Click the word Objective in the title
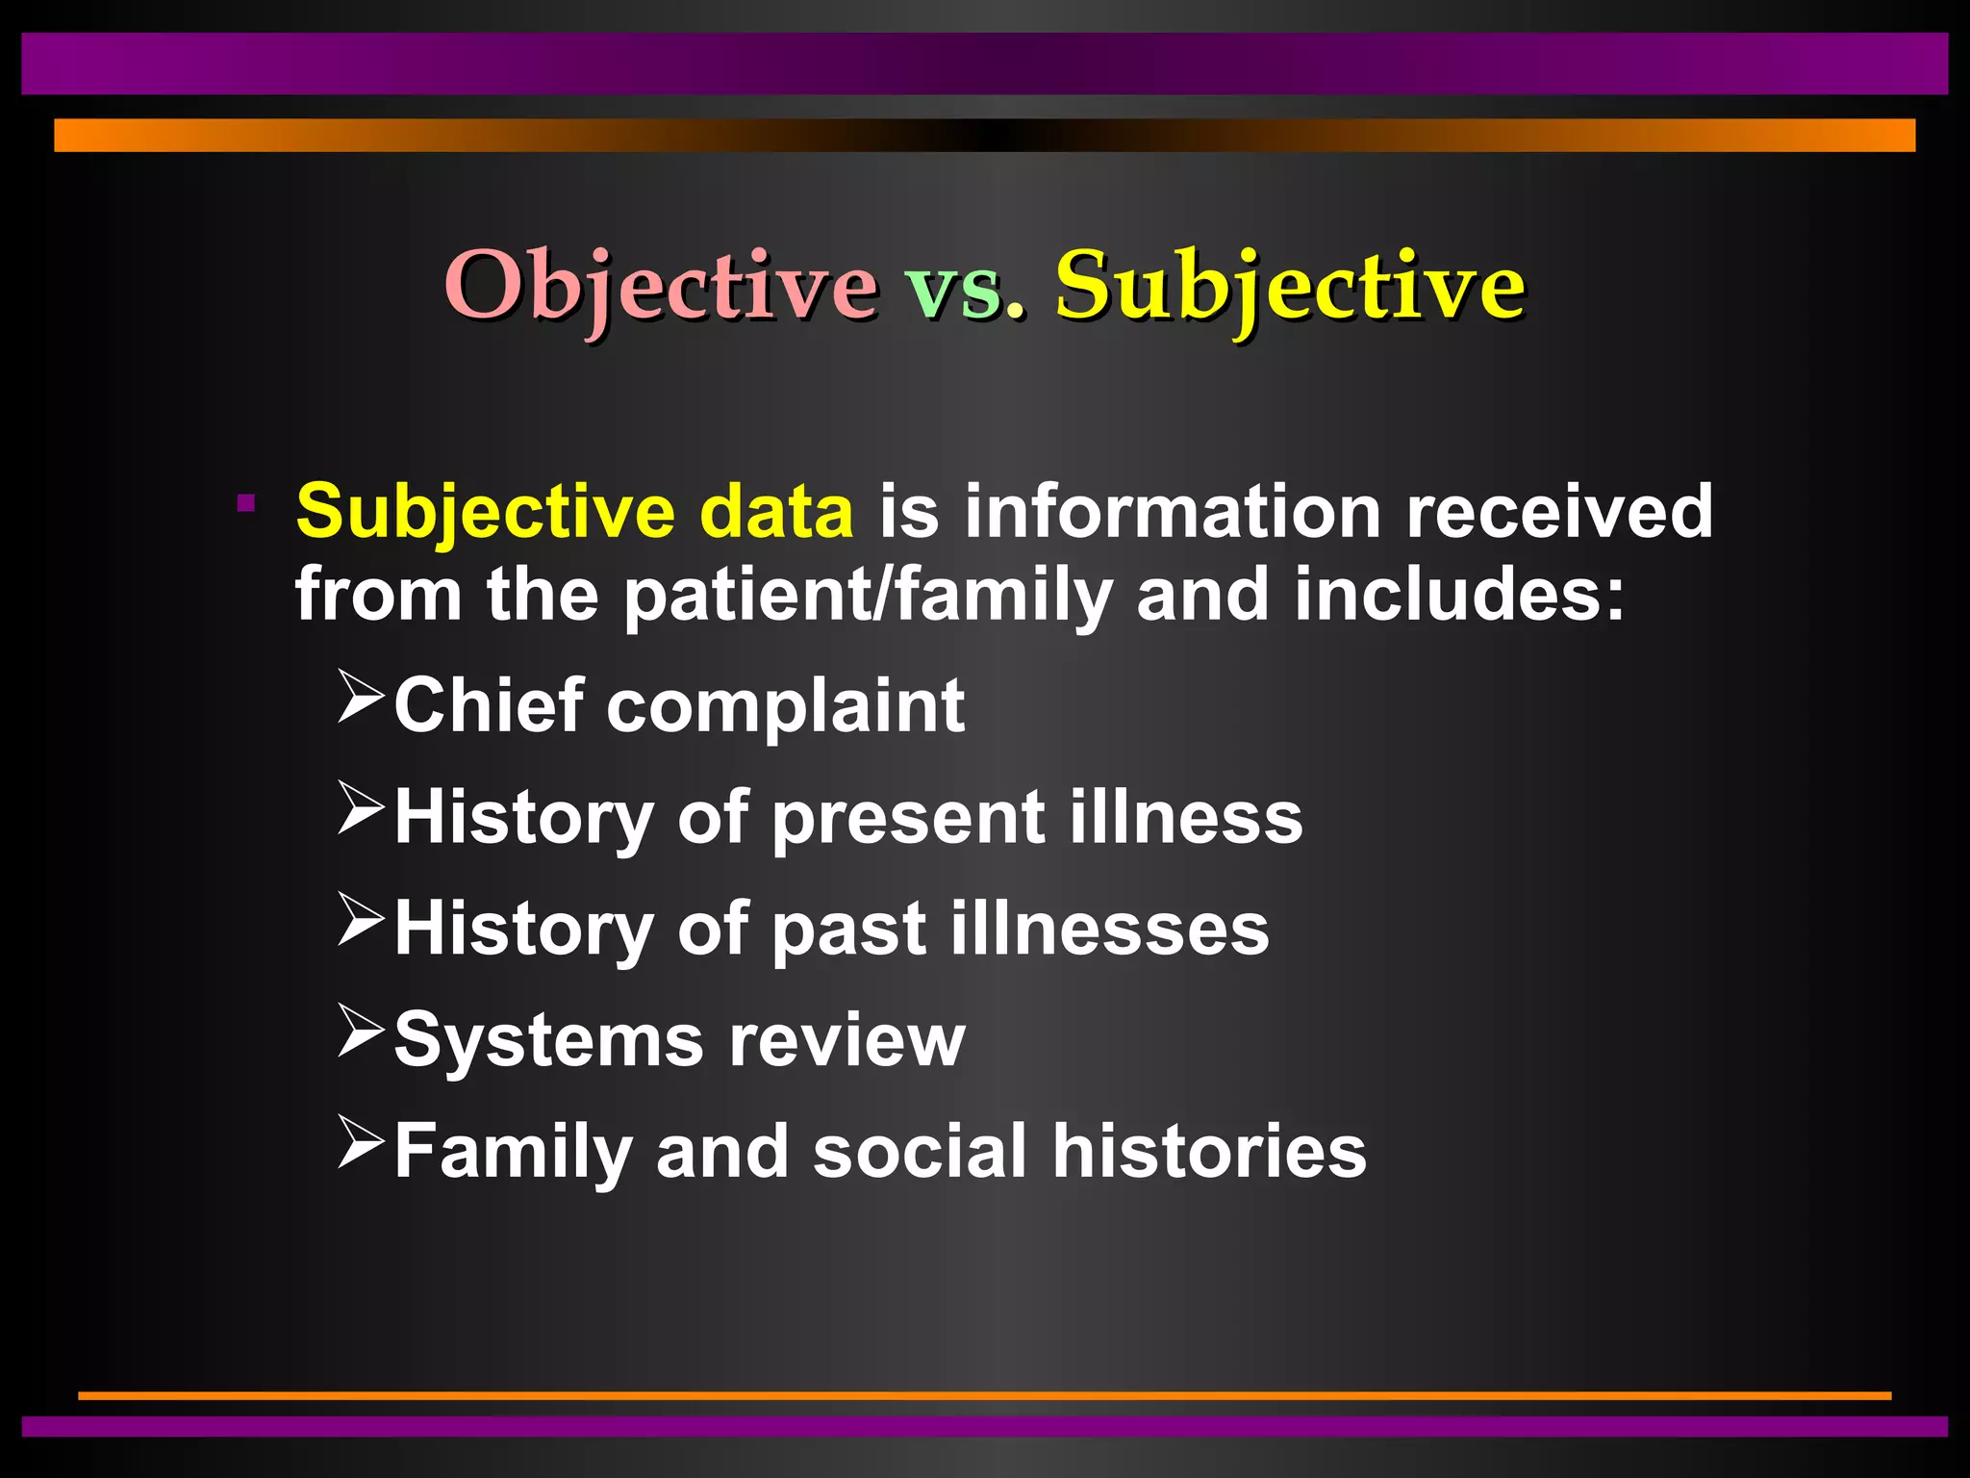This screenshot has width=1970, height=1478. click(660, 285)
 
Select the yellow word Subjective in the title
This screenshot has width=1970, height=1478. click(1289, 285)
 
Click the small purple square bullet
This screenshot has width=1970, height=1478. click(246, 501)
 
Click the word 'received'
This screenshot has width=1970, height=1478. click(1558, 511)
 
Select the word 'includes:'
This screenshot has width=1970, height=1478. click(1458, 593)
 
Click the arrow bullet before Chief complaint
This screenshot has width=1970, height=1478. click(361, 698)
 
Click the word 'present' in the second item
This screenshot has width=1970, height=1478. click(908, 819)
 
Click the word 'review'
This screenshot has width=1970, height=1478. click(846, 1041)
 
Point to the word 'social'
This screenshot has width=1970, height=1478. click(920, 1151)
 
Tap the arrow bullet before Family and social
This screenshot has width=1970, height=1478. click(361, 1142)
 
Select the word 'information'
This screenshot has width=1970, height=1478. click(1174, 511)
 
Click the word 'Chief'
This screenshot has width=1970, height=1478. click(489, 705)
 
